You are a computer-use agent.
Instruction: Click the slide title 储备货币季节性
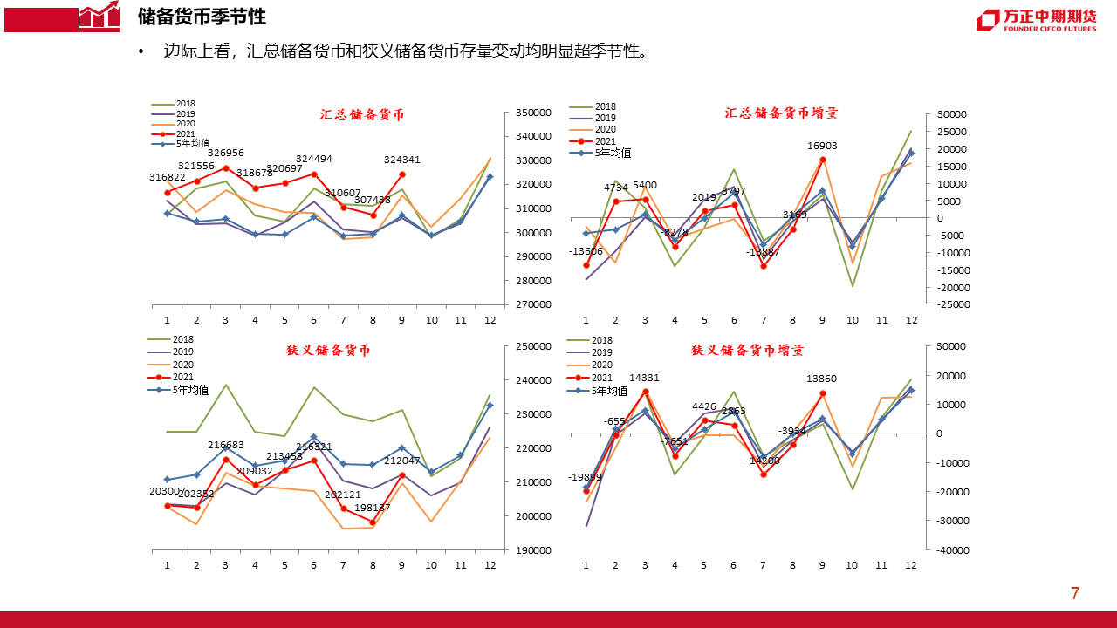pos(202,17)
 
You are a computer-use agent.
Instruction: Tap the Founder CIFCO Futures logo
pos(1036,20)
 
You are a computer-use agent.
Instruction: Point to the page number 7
pos(1075,594)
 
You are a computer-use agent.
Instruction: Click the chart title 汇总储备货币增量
pos(781,113)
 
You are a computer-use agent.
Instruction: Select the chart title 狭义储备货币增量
pos(747,350)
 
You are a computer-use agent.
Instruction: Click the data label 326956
pos(225,153)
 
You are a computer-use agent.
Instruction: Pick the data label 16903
pos(823,147)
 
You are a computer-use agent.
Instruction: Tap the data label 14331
pos(645,378)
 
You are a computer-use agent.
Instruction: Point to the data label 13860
pos(822,379)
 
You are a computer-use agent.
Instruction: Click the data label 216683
pos(225,445)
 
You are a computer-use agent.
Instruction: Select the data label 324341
pos(401,160)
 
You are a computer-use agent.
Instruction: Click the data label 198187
pos(373,508)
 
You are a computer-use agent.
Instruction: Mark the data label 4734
pos(616,188)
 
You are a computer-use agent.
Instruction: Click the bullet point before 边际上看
pos(141,52)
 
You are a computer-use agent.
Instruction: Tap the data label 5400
pos(645,185)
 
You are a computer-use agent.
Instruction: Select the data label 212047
pos(401,461)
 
